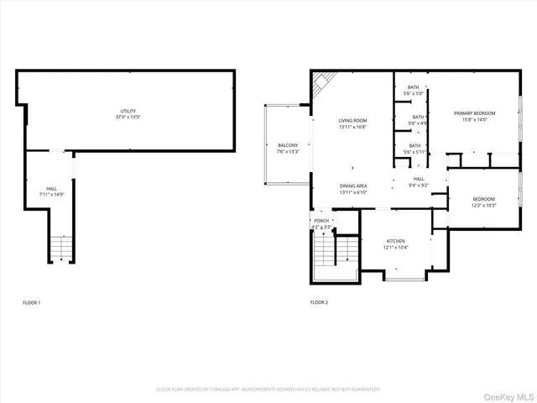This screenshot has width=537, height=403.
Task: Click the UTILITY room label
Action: point(127,112)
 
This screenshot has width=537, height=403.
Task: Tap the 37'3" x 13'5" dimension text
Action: point(127,118)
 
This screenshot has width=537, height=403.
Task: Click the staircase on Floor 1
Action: point(61,249)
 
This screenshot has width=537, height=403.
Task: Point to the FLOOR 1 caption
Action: point(31,302)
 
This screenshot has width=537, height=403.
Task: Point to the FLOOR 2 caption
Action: point(319,302)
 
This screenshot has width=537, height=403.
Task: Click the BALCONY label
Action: point(288,145)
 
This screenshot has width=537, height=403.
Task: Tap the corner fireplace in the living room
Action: point(321,81)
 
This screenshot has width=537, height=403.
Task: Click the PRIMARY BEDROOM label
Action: point(475,113)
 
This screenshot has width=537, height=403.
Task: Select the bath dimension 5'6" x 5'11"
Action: point(416,152)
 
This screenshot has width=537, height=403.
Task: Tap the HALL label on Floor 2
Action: point(419,179)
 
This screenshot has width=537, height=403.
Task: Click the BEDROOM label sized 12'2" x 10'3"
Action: point(484,199)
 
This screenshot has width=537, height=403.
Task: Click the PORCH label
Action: point(321,221)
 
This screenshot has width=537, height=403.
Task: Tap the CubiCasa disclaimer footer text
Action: point(268,389)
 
